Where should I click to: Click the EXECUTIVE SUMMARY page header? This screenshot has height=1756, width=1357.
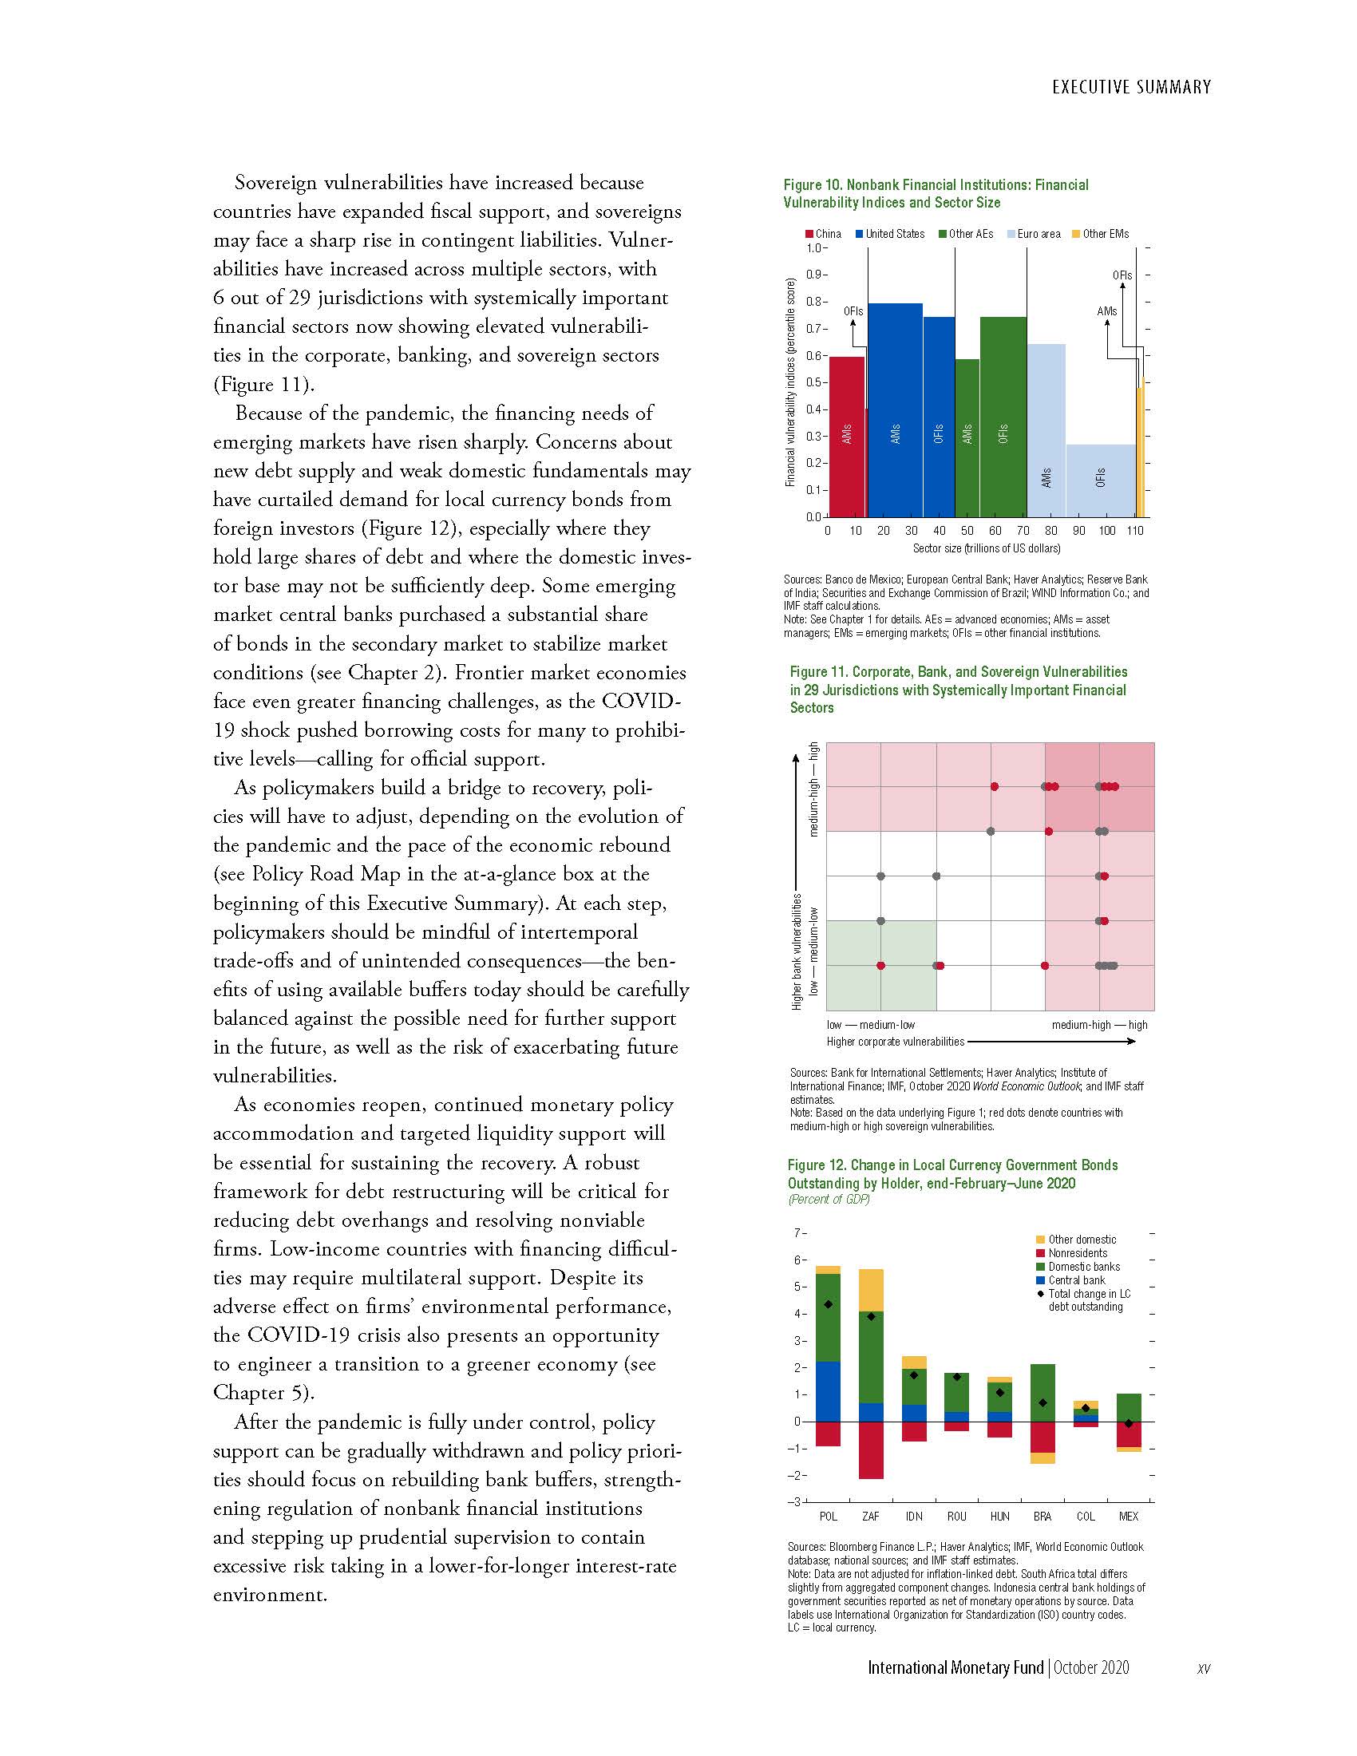pyautogui.click(x=1130, y=87)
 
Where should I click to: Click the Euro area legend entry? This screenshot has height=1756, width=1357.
pyautogui.click(x=1033, y=234)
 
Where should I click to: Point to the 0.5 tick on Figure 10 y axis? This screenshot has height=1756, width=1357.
pyautogui.click(x=817, y=382)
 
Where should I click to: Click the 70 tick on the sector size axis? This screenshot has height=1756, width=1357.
pyautogui.click(x=1023, y=531)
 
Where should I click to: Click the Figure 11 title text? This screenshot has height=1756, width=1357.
pyautogui.click(x=957, y=689)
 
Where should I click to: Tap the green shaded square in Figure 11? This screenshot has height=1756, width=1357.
pyautogui.click(x=881, y=964)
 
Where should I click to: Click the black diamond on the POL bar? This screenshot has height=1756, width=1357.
pyautogui.click(x=828, y=1305)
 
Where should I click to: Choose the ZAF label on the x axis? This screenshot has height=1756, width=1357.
pyautogui.click(x=871, y=1517)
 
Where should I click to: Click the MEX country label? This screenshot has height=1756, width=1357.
pyautogui.click(x=1128, y=1517)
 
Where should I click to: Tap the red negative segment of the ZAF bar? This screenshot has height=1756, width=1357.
pyautogui.click(x=871, y=1449)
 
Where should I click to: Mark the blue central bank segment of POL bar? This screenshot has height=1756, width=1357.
pyautogui.click(x=828, y=1391)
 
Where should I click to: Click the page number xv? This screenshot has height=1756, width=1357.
pyautogui.click(x=1203, y=1668)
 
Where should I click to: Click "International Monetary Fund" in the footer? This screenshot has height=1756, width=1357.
pyautogui.click(x=955, y=1667)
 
